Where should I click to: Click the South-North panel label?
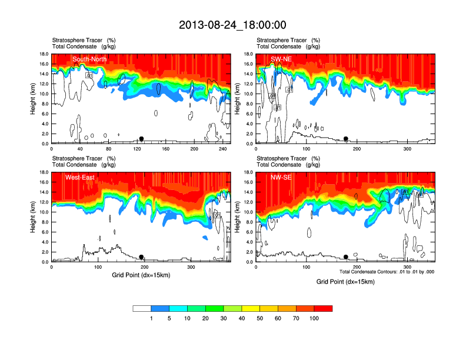[x=89, y=59]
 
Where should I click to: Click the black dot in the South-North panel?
[x=141, y=139]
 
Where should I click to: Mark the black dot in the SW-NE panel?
[x=346, y=139]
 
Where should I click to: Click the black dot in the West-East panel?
[x=141, y=257]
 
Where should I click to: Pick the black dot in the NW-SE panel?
[x=346, y=257]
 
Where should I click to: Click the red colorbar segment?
[x=323, y=308]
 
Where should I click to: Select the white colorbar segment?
[x=142, y=308]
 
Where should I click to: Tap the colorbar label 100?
[x=314, y=318]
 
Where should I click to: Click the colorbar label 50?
[x=260, y=318]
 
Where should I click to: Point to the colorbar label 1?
[x=151, y=318]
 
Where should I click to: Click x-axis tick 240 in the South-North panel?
[x=221, y=149]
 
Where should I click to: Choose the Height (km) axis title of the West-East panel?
[x=33, y=217]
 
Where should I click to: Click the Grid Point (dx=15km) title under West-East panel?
[x=141, y=275]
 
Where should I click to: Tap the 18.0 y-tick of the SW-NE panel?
[x=248, y=54]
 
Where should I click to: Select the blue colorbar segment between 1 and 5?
[x=160, y=308]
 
